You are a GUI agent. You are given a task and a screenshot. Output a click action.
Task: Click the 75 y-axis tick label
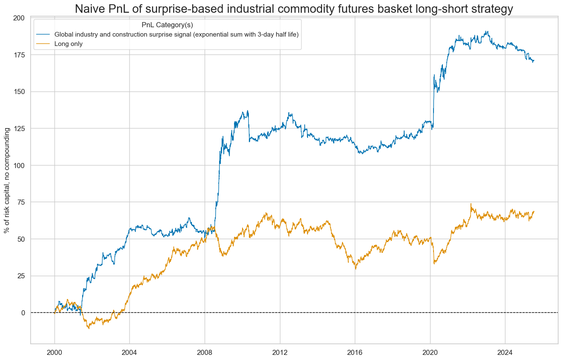tap(21, 202)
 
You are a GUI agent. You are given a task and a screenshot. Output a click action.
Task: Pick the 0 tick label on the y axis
tap(23, 313)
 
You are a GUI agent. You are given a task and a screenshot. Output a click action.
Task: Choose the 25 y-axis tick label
tap(21, 276)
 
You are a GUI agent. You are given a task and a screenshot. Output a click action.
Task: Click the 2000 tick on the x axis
tap(54, 353)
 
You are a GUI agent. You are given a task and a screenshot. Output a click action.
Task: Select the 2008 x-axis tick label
tap(205, 353)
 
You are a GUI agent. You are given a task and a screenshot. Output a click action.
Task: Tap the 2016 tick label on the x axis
tap(355, 353)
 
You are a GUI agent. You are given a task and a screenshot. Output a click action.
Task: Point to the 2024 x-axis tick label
tap(505, 353)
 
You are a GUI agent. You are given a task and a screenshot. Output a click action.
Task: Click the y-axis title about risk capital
tap(7, 180)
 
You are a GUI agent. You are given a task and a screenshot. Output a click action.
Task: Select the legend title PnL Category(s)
tap(167, 25)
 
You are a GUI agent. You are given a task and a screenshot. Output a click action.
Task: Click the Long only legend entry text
tap(66, 43)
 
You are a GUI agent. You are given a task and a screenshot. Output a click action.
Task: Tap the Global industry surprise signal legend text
tap(174, 34)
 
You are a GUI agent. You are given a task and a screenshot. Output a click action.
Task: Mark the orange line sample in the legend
tap(43, 43)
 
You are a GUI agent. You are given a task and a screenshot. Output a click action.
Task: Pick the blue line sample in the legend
tap(43, 34)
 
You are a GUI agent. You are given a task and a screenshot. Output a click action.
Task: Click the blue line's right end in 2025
tap(533, 61)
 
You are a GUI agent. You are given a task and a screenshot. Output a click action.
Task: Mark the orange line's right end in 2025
tap(533, 211)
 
